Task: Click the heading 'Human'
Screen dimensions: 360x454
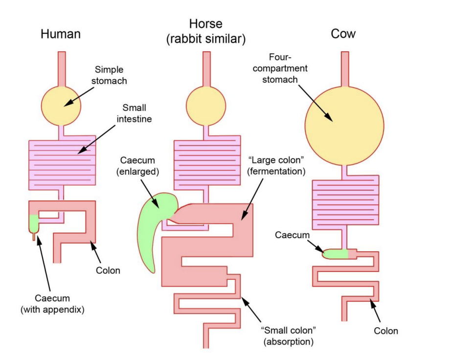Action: (61, 34)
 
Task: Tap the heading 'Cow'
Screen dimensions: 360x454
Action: (343, 34)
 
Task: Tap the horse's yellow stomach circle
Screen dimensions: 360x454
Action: (206, 106)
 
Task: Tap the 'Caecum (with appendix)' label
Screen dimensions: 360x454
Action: (52, 303)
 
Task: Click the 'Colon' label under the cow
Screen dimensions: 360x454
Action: (386, 331)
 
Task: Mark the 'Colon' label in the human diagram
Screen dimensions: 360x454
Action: (108, 270)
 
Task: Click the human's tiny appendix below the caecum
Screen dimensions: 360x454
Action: (34, 237)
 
